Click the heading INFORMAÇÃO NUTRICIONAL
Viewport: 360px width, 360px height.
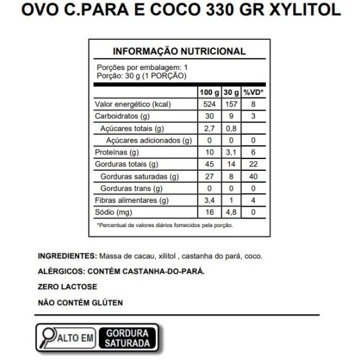click(x=179, y=51)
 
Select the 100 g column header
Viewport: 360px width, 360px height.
click(x=209, y=92)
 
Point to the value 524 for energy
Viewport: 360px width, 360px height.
click(x=209, y=105)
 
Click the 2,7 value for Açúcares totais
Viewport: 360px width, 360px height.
click(x=209, y=128)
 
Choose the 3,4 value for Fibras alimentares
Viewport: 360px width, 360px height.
click(x=209, y=200)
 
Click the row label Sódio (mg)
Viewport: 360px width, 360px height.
click(x=114, y=212)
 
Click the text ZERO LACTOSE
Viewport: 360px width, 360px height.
click(x=67, y=287)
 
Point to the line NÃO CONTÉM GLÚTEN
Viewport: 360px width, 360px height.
click(x=81, y=303)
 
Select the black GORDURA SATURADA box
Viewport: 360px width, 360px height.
click(x=128, y=337)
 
